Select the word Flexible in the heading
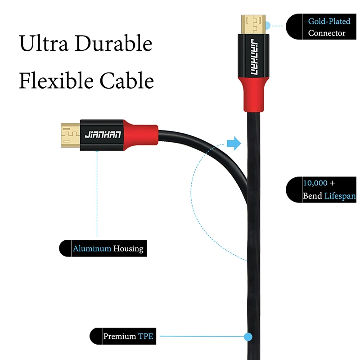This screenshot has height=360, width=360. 54,81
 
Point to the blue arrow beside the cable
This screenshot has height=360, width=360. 234,144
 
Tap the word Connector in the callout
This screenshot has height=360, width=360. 327,33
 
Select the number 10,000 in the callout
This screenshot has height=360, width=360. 315,183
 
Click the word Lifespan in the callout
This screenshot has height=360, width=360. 340,196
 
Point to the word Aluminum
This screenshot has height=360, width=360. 92,248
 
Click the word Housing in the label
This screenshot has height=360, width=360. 128,248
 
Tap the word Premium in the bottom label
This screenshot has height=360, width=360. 120,336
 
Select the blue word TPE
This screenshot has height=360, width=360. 146,336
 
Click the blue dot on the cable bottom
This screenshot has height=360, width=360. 247,336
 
